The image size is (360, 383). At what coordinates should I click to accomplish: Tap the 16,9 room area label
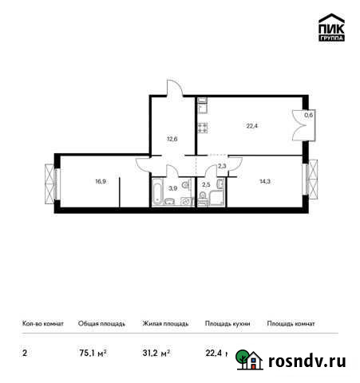pyautogui.click(x=101, y=180)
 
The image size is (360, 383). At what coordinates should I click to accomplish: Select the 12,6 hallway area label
pyautogui.click(x=172, y=138)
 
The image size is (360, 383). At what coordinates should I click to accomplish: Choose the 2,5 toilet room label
pyautogui.click(x=206, y=185)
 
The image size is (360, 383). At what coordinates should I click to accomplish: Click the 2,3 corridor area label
pyautogui.click(x=223, y=166)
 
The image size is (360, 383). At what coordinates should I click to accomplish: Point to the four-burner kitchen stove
pyautogui.click(x=203, y=127)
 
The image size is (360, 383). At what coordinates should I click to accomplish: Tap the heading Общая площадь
pyautogui.click(x=101, y=324)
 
